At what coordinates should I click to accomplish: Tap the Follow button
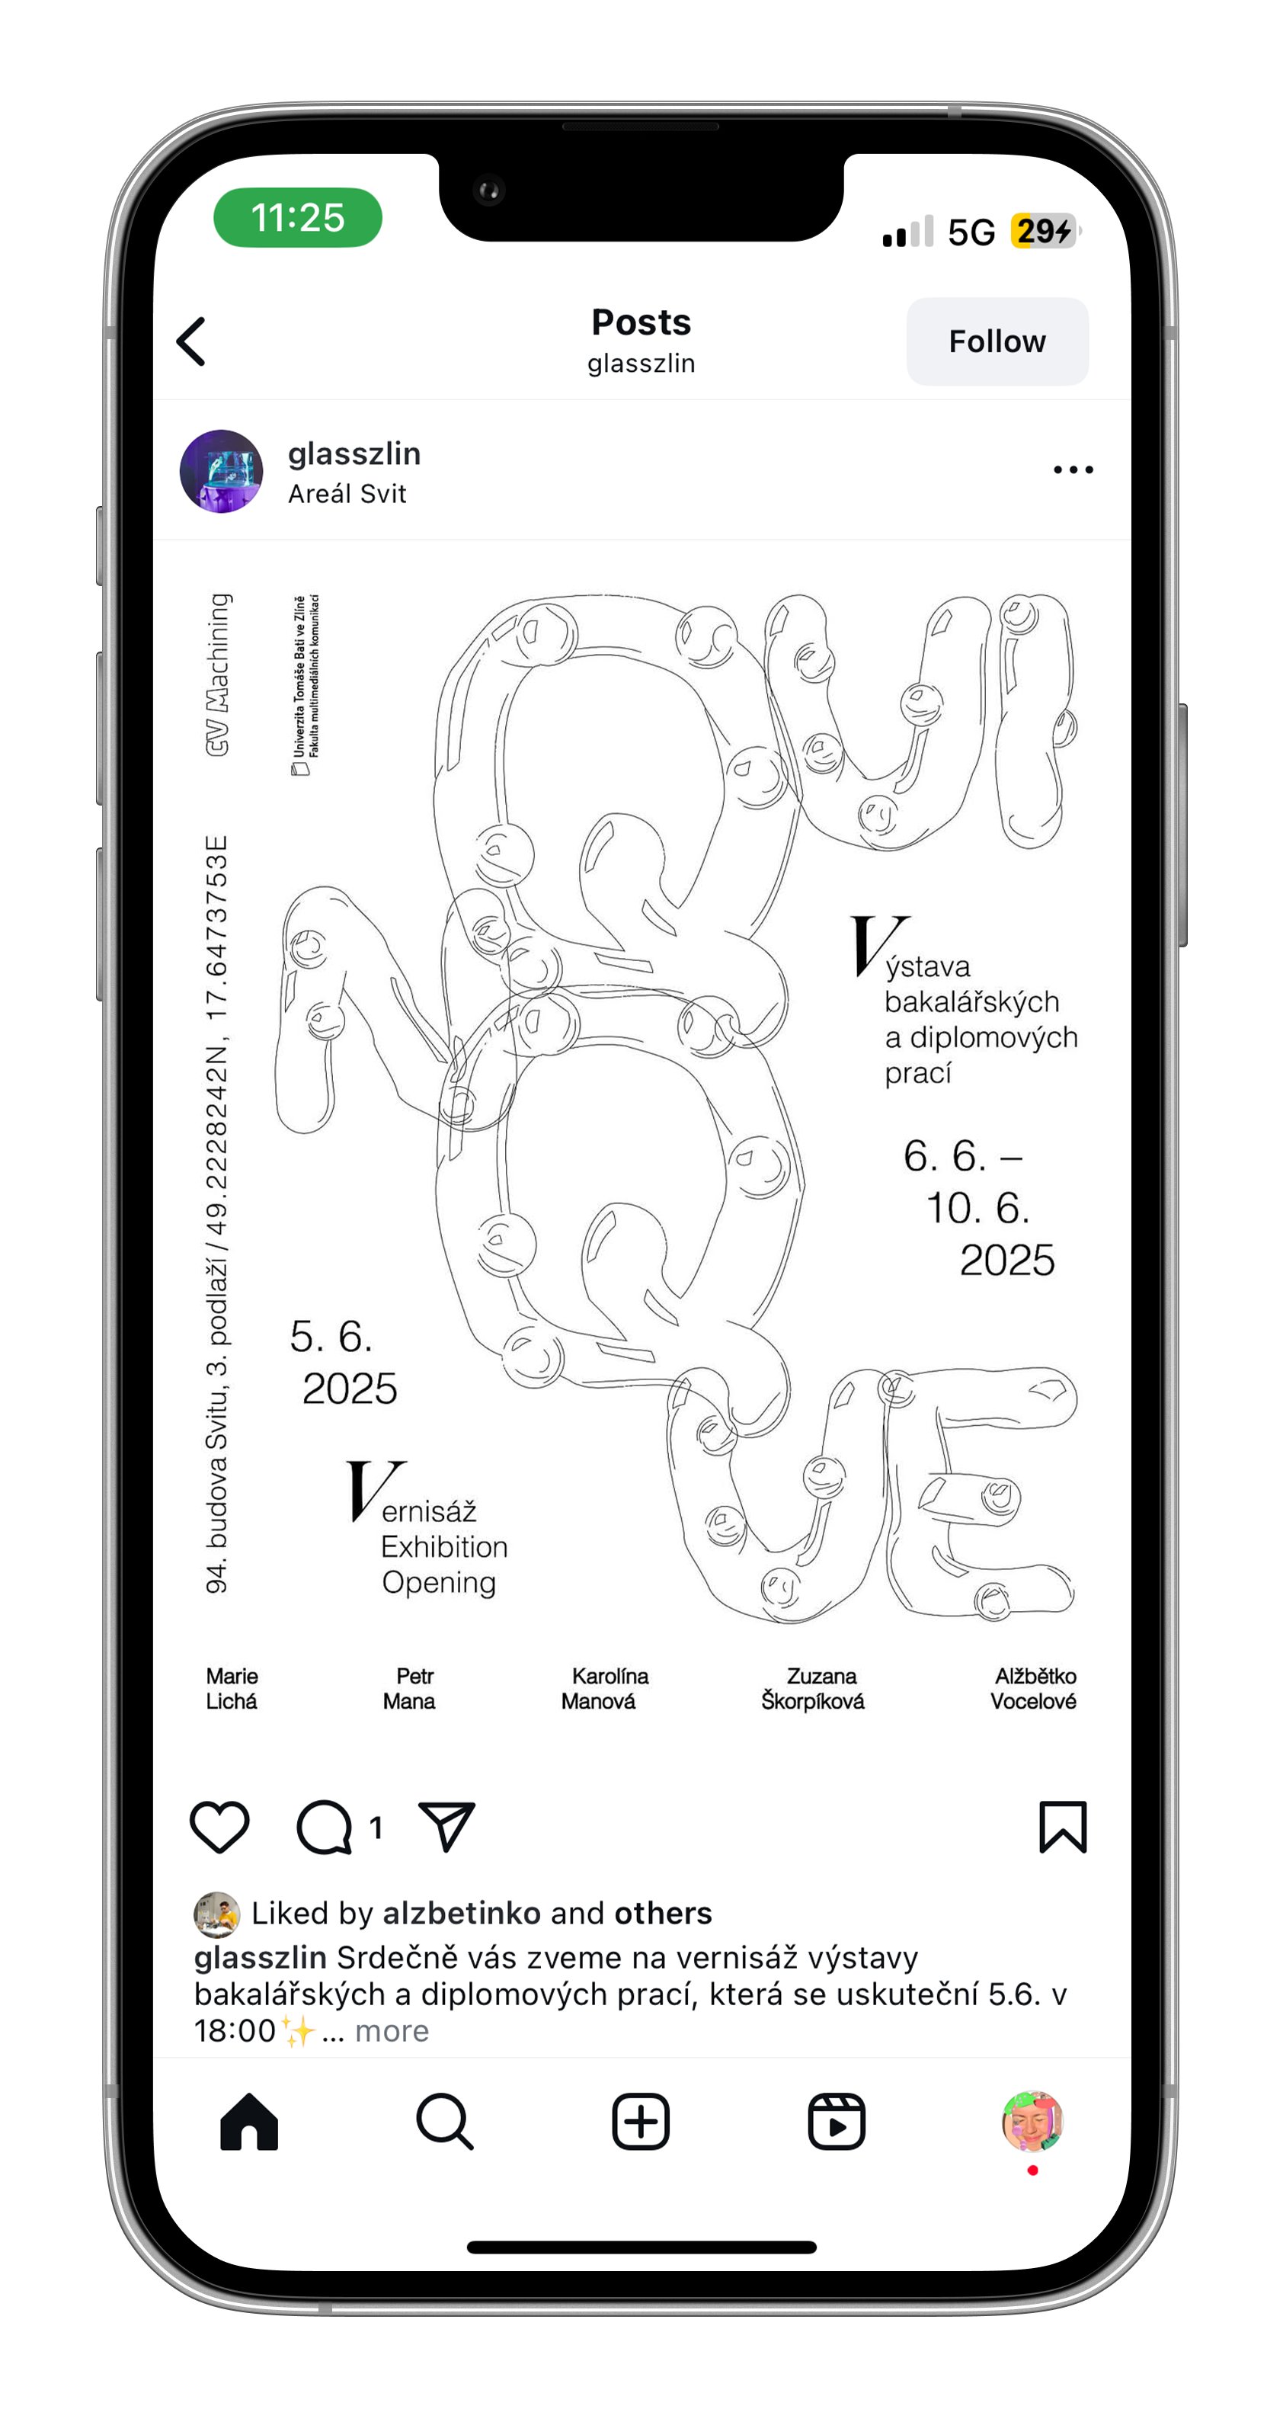pos(997,341)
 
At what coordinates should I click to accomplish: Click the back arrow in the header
pos(192,341)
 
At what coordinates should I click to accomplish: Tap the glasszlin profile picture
pos(222,471)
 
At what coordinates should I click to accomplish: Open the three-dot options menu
pos(1073,469)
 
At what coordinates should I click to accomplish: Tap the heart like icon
pos(220,1827)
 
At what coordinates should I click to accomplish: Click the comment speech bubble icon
pos(325,1827)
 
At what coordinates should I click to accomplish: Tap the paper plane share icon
pos(446,1827)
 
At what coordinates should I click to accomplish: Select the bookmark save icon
pos(1062,1827)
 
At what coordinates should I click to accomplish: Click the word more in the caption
pos(392,2030)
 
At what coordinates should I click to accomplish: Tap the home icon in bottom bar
pos(249,2122)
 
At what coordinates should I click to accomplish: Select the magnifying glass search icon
pos(445,2122)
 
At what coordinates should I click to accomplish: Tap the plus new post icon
pos(641,2122)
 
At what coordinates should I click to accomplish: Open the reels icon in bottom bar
pos(837,2122)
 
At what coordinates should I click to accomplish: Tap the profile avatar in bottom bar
pos(1032,2121)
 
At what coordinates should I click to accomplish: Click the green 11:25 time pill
pos(298,217)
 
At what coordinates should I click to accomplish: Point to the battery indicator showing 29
pos(1043,230)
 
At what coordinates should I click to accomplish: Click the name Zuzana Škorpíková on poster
pos(813,1689)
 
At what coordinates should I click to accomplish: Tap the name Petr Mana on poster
pos(410,1689)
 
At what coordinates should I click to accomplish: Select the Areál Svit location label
pos(347,494)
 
